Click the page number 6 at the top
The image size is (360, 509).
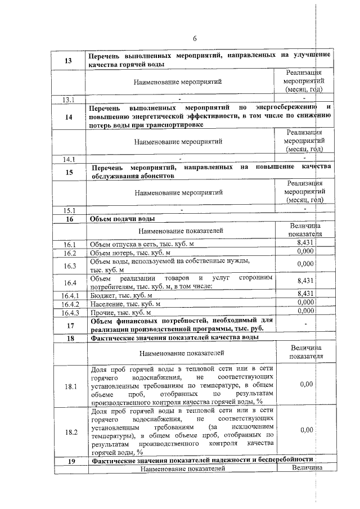(195, 39)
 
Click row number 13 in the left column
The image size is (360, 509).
(70, 61)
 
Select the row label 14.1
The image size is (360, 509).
(70, 159)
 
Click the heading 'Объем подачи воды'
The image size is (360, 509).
(122, 219)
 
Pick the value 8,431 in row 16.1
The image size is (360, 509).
(304, 242)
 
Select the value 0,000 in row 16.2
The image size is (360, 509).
(304, 251)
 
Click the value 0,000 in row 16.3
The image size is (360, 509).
(304, 264)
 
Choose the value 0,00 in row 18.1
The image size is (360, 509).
(306, 384)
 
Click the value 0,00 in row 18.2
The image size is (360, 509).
(306, 430)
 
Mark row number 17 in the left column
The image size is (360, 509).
(70, 325)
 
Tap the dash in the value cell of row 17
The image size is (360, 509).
(304, 325)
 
